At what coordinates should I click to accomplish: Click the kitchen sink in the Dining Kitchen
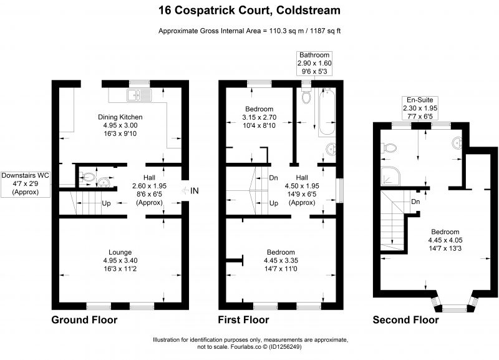click(140, 95)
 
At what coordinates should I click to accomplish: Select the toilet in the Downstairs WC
click(88, 177)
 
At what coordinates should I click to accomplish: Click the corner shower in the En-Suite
click(390, 175)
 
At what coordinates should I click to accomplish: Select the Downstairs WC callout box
click(26, 183)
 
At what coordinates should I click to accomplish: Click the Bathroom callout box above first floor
click(314, 64)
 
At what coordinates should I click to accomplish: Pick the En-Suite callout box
click(420, 108)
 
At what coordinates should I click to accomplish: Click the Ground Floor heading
click(84, 319)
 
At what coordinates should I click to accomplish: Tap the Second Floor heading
click(406, 319)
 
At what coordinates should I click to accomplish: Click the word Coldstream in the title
click(308, 10)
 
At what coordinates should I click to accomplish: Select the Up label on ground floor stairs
click(106, 203)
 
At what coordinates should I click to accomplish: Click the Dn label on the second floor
click(415, 202)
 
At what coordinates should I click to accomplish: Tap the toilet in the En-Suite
click(389, 148)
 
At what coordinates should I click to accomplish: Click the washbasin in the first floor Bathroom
click(331, 148)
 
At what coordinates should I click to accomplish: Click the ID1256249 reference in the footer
click(285, 347)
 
